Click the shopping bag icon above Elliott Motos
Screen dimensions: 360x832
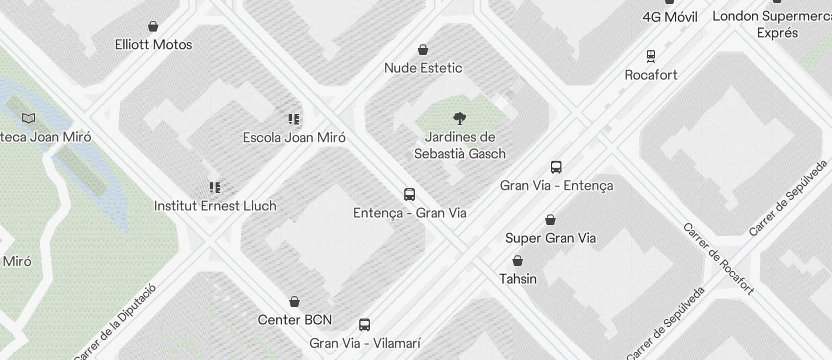[153, 26]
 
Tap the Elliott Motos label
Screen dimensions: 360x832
[154, 44]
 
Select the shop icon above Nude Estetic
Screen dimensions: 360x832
[423, 50]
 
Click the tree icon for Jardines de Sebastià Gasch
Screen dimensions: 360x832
[460, 119]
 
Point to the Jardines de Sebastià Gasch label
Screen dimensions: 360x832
[460, 146]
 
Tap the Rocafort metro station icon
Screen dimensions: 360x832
[651, 57]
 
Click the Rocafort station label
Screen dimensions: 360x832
[651, 75]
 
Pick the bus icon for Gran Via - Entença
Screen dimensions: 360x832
[556, 167]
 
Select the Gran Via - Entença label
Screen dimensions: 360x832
[556, 185]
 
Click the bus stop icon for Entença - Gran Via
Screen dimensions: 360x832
[410, 195]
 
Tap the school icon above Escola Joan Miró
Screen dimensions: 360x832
[294, 119]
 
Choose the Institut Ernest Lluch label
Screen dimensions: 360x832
[215, 206]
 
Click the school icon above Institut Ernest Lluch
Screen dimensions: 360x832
[215, 188]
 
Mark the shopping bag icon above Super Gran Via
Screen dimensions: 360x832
[550, 220]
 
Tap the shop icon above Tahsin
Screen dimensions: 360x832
[518, 261]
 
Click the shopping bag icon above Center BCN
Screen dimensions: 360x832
[294, 302]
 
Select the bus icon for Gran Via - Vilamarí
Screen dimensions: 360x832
[365, 325]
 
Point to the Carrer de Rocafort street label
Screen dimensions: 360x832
[719, 258]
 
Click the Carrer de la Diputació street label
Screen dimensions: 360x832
[115, 322]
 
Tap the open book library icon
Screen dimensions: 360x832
[29, 119]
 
